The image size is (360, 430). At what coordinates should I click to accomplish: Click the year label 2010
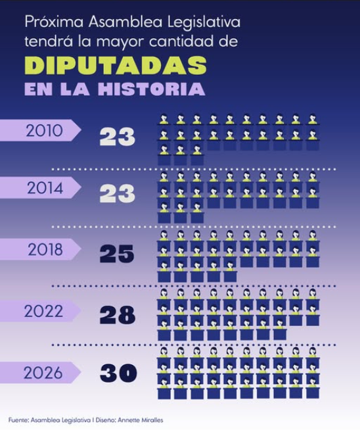45,131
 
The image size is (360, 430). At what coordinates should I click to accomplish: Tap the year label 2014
45,188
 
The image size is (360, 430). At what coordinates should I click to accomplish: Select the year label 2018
45,250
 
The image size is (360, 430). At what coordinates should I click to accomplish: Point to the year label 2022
43,311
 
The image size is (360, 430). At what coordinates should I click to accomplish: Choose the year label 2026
43,373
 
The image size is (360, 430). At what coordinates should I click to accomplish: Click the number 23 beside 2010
117,136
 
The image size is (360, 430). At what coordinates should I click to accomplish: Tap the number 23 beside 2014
117,193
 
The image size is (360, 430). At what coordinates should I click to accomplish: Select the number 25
117,254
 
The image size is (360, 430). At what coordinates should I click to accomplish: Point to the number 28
117,315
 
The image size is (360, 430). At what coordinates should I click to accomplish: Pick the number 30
118,373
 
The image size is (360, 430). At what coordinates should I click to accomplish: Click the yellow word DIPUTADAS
116,65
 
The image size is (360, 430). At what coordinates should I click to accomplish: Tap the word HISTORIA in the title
152,89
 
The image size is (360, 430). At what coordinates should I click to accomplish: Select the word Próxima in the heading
54,22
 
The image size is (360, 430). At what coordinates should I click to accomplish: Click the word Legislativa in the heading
204,22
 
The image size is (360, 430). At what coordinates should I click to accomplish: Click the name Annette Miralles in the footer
141,420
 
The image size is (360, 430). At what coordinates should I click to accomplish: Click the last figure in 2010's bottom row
197,155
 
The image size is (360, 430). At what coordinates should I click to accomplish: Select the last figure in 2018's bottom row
230,272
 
